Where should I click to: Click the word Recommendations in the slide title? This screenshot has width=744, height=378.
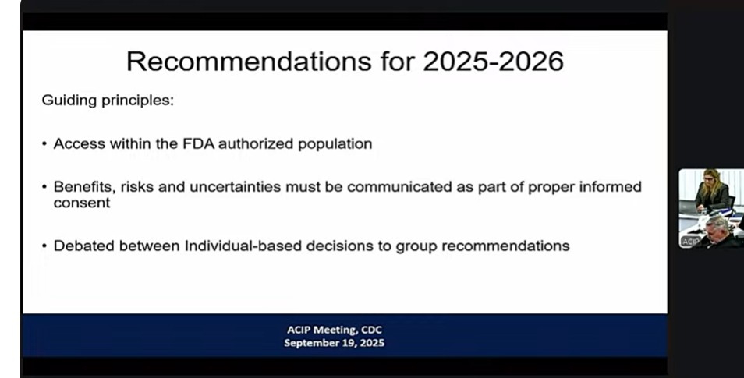coord(249,62)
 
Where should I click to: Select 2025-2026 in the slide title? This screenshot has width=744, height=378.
coord(493,62)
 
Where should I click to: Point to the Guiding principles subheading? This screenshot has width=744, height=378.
coord(108,101)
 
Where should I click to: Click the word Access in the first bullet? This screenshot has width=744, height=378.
coord(80,143)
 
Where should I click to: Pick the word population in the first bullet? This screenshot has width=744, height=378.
coord(335,144)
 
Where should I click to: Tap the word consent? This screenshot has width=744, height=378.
coord(82,203)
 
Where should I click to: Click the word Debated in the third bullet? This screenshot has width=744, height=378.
coord(83,246)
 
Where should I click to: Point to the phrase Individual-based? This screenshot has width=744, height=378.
coord(243,246)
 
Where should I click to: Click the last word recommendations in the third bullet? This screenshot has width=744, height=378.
coord(506,246)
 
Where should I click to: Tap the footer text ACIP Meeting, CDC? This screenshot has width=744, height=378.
coord(335,330)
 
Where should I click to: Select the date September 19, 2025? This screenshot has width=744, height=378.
coord(335,343)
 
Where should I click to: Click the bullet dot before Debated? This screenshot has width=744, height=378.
coord(44,246)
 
